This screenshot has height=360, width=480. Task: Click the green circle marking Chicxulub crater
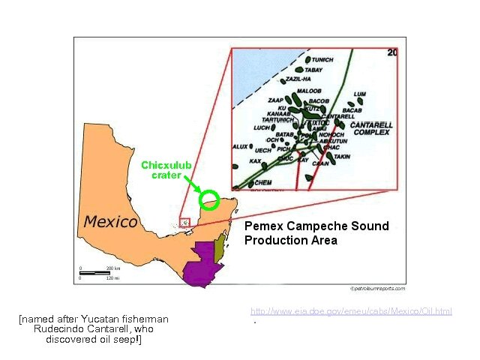(209, 200)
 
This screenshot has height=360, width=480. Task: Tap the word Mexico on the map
(110, 221)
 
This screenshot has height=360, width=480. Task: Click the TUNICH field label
(322, 60)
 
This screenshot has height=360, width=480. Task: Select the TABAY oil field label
(313, 70)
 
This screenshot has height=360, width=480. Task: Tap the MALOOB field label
(308, 91)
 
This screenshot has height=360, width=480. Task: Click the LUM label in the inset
(360, 94)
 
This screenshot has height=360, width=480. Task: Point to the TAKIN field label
(343, 157)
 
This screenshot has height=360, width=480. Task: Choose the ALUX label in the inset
(241, 146)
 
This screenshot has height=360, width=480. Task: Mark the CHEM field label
(262, 182)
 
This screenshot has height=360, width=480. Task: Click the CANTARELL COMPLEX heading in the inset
(371, 128)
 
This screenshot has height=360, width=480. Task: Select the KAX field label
(255, 161)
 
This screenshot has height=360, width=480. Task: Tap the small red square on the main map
(185, 222)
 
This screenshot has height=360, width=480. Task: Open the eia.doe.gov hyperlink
(351, 311)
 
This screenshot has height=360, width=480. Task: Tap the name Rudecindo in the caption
(54, 329)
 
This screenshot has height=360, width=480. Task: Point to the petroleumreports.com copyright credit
(377, 288)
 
